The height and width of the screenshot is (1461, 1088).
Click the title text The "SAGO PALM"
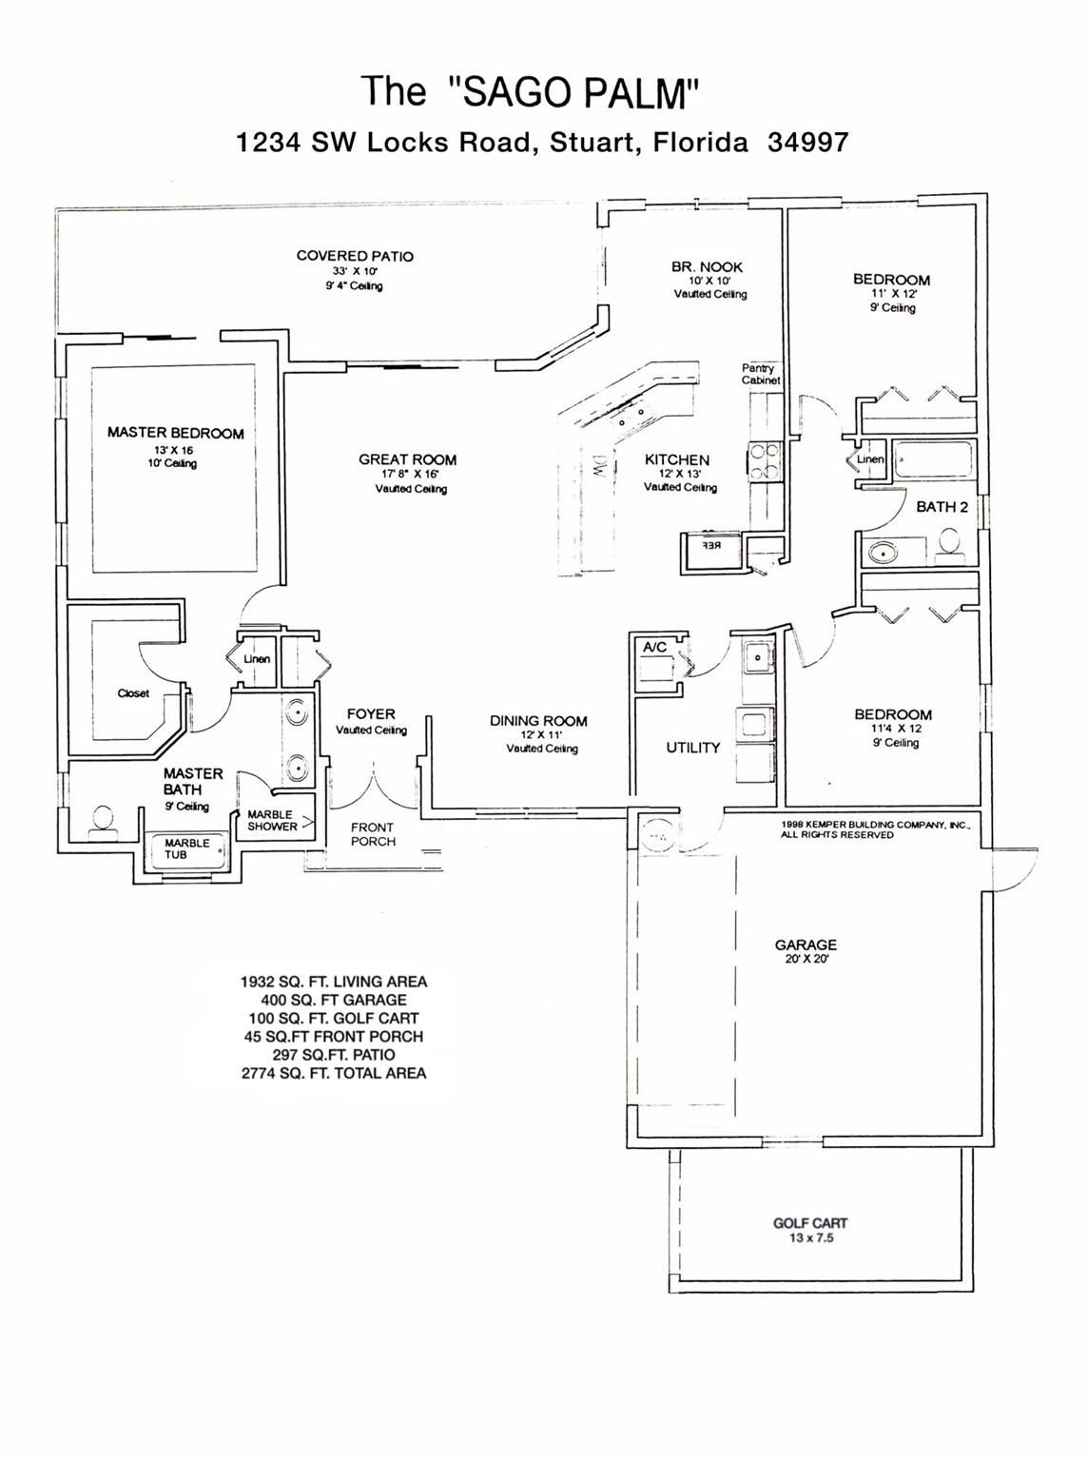[531, 92]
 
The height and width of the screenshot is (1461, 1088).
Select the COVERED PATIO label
[355, 256]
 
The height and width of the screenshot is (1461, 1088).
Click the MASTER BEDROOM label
[175, 433]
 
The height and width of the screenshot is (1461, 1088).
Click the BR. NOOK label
[707, 267]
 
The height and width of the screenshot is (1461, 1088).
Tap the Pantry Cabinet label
[760, 374]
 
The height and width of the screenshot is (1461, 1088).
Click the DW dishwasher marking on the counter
[600, 466]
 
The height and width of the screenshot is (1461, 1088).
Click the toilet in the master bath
[102, 820]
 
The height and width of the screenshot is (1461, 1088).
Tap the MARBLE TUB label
[187, 848]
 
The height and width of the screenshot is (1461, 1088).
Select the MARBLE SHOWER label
[272, 820]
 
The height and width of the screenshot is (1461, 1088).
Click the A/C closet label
[654, 647]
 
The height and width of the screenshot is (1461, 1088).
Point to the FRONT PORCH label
[373, 834]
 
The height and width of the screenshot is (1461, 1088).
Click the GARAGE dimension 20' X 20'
[805, 960]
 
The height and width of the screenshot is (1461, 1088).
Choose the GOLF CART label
[810, 1223]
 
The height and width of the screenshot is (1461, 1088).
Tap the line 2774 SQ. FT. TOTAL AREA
[334, 1073]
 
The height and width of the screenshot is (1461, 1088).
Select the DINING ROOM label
[538, 721]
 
